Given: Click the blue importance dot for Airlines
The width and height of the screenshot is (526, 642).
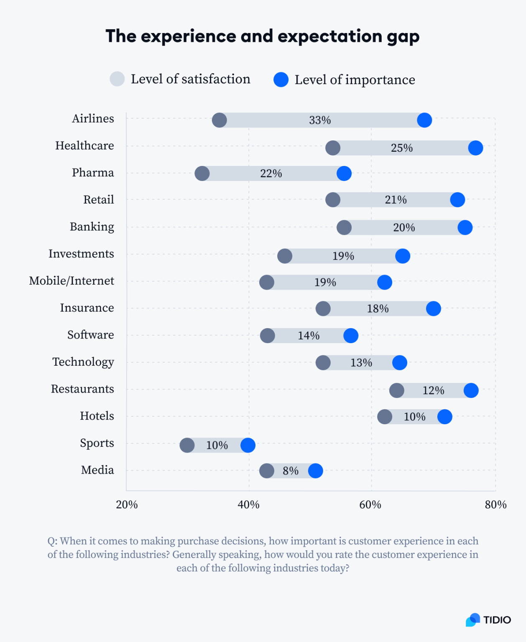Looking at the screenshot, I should pos(424,120).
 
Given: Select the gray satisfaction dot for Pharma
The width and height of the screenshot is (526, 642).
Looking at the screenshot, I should pos(202,173).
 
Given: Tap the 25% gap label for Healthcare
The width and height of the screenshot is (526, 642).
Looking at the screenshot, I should pos(402,148).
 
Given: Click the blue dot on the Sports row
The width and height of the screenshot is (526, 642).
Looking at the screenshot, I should pos(248,445).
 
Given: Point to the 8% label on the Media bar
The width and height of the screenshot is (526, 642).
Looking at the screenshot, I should pos(291,471).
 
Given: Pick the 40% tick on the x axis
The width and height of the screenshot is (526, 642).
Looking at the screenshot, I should pos(248,505).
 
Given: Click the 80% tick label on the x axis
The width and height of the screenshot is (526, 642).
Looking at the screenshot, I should pos(495,505).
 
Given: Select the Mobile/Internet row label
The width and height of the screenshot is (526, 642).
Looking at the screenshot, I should pos(71,281).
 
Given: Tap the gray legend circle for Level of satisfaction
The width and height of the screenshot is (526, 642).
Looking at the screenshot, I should pos(117,79).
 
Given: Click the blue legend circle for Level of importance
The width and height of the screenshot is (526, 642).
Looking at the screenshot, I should pos(281,79).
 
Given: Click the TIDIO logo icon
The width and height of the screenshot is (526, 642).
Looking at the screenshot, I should pos(473,620).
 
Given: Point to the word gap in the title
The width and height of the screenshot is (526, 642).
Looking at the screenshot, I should pos(403,37).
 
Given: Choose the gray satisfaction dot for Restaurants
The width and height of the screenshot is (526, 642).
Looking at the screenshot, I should pos(397,390).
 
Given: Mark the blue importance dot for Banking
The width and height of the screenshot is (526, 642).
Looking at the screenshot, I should pos(465,228).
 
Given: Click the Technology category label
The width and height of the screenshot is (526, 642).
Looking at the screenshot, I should pos(83,362).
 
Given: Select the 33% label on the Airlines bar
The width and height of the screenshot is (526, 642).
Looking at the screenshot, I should pos(320,120).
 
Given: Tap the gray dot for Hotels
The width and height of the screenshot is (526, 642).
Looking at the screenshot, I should pos(385,417).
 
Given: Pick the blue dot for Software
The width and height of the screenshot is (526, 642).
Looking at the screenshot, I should pos(351,336).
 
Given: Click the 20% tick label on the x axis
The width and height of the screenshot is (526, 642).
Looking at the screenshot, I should pos(127,505).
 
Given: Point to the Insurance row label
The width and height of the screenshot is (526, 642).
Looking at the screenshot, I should pos(87,308).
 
